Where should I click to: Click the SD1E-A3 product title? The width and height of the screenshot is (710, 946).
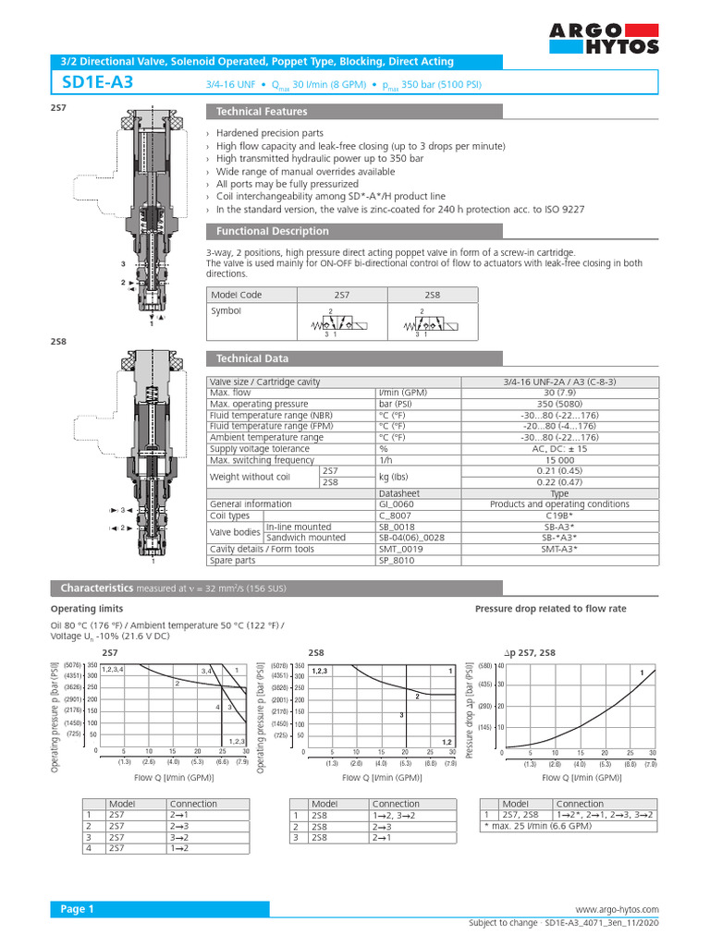tap(97, 83)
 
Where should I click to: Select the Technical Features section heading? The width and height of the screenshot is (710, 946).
tap(261, 112)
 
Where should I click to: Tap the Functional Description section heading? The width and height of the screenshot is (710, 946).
tap(272, 231)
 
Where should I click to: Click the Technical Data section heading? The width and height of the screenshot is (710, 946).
tap(251, 358)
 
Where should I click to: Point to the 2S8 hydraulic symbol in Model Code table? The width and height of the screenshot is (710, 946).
tap(422, 323)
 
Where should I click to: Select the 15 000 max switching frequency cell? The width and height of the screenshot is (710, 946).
tap(561, 460)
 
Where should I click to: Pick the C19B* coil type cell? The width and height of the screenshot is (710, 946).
tap(561, 515)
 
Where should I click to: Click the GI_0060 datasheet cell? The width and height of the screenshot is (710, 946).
tap(400, 504)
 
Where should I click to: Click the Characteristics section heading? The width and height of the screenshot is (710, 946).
tap(96, 588)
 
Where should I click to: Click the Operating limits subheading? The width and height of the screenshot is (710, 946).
tap(86, 610)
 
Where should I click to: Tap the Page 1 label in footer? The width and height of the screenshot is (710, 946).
tap(78, 909)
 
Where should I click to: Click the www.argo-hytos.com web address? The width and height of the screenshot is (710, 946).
tap(617, 910)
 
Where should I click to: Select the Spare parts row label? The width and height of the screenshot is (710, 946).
tap(233, 560)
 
